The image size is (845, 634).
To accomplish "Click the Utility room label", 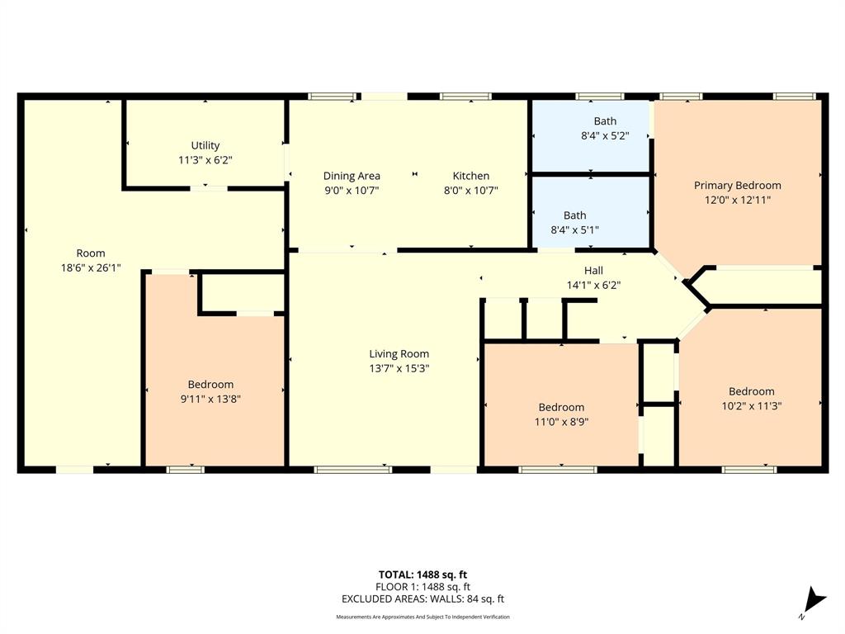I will pos(205,145).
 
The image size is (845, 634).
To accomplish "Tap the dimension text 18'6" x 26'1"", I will pos(91,267).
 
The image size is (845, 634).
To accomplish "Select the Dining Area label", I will pos(352,176).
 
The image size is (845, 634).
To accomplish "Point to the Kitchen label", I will pos(471,176).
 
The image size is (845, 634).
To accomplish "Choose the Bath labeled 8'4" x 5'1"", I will pos(575,215).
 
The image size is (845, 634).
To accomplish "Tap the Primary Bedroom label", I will pos(737,186).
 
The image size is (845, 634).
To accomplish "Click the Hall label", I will pos(593,271).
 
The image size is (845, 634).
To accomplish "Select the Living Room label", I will pos(399,354).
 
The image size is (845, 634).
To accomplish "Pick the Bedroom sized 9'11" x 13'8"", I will pos(210,385).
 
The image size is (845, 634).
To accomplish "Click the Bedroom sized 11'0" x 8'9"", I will pos(561,407).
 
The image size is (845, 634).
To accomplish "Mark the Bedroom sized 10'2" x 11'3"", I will pos(751,391).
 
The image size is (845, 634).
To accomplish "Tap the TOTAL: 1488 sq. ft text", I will pos(422,575).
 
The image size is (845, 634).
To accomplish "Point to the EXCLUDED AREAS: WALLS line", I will pos(422,599).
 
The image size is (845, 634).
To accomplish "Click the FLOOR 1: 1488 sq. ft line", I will pos(422,587).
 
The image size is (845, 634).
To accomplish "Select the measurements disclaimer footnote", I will pos(422,617).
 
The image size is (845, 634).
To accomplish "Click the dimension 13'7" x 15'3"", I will pos(399,368).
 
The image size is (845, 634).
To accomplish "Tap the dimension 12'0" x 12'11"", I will pos(737,200).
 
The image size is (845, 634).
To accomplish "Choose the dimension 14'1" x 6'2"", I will pos(593,285).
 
